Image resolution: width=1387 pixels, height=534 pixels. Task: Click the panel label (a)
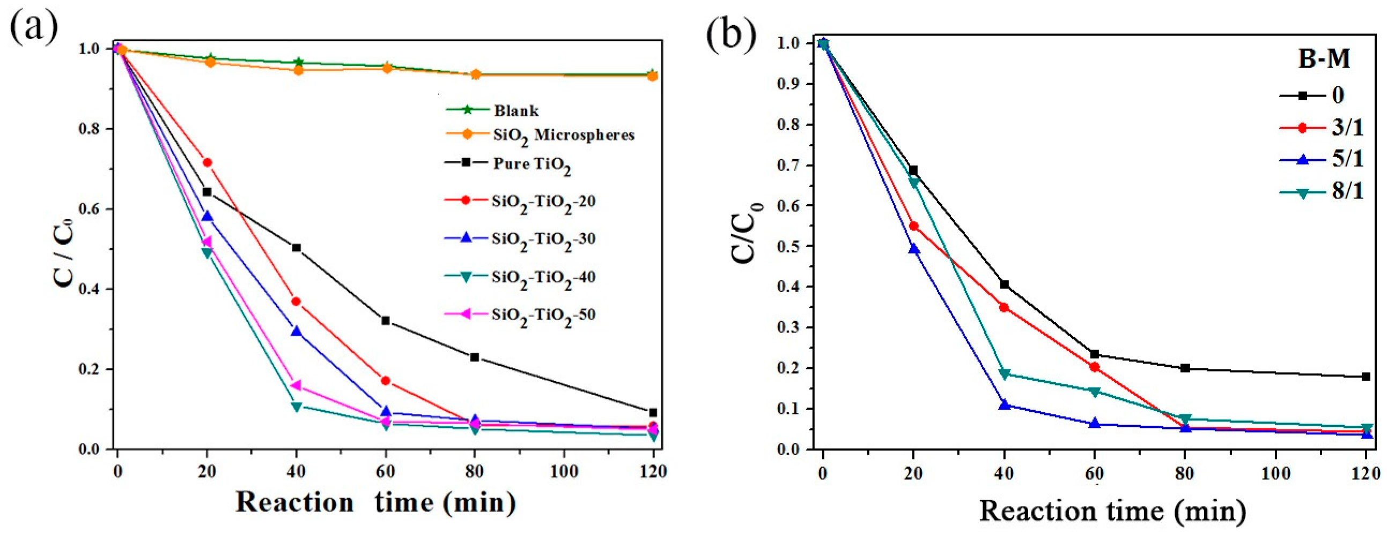[33, 27]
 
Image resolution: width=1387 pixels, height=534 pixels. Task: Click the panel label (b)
[730, 34]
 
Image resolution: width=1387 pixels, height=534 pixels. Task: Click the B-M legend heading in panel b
[1324, 58]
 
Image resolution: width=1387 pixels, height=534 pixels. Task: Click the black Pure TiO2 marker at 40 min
[296, 248]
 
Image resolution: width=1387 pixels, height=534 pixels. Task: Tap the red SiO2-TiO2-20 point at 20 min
[206, 162]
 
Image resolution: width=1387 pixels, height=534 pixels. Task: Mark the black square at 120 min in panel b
[1366, 376]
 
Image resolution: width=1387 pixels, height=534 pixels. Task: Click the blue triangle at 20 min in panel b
[914, 249]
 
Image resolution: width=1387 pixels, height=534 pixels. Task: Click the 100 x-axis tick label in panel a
[564, 472]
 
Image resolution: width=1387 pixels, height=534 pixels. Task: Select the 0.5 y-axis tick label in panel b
[788, 247]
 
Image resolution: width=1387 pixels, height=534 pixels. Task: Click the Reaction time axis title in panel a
[375, 502]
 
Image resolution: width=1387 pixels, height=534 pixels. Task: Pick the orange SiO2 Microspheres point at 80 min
[475, 75]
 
